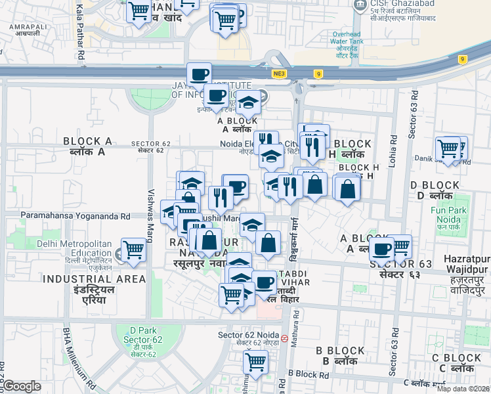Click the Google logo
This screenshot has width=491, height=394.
click(21, 387)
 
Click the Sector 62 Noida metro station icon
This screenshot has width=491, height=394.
click(284, 339)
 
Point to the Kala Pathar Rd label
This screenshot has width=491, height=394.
click(80, 33)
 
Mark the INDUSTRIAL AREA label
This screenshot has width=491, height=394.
click(95, 284)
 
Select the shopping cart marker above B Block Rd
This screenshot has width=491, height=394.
click(255, 361)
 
